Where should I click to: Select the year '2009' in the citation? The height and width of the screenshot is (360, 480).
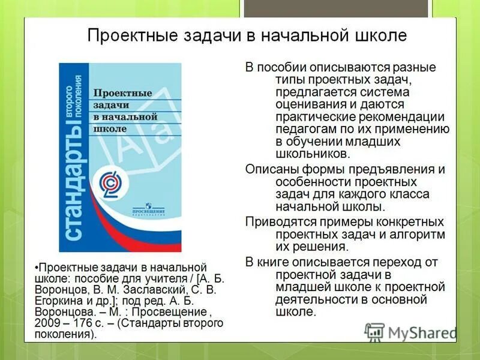pyautogui.click(x=47, y=323)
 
